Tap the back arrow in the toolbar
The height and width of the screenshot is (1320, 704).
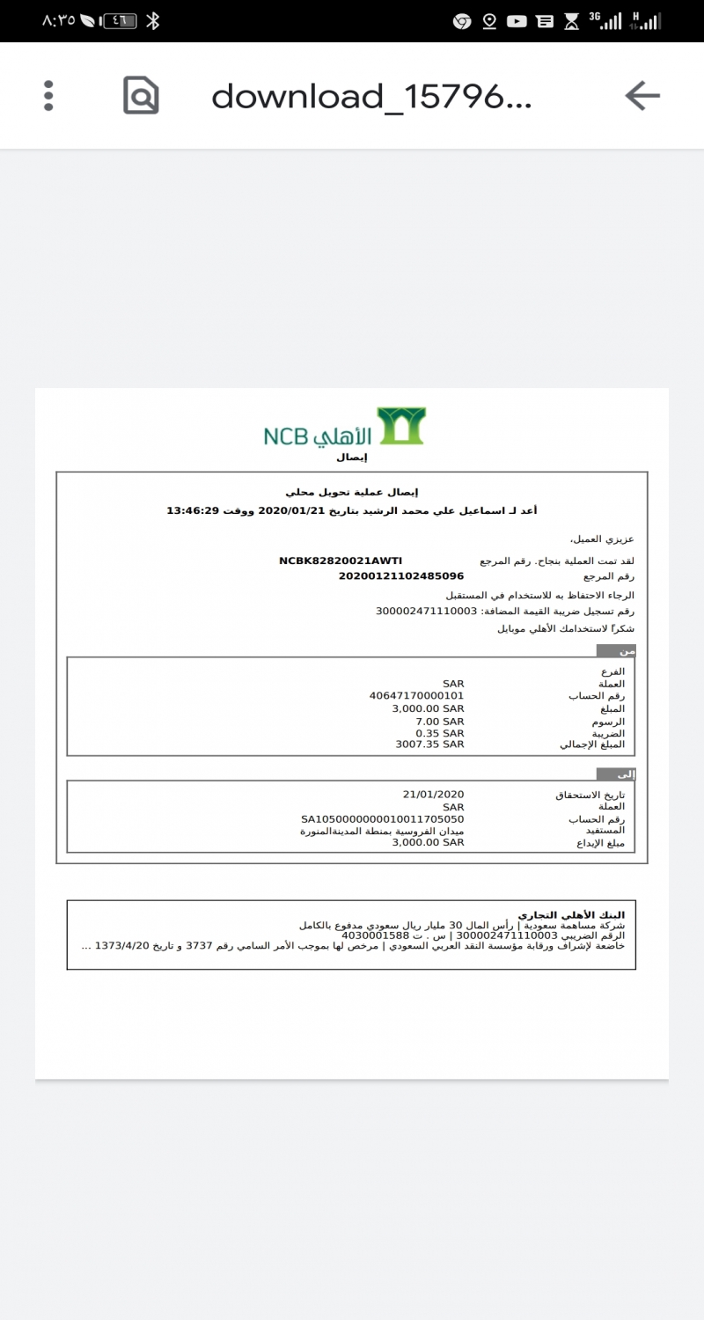pyautogui.click(x=642, y=95)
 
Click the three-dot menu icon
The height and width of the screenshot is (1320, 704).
pyautogui.click(x=48, y=95)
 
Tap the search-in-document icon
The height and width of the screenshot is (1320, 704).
pyautogui.click(x=141, y=95)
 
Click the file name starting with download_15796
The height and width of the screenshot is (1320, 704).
pyautogui.click(x=371, y=96)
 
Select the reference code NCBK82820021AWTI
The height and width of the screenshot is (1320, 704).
pyautogui.click(x=341, y=560)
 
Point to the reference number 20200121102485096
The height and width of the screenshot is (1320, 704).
pyautogui.click(x=400, y=576)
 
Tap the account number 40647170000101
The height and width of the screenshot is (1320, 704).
pyautogui.click(x=416, y=695)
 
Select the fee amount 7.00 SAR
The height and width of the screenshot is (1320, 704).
pyautogui.click(x=440, y=721)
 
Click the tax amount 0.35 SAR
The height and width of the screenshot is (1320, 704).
pyautogui.click(x=440, y=732)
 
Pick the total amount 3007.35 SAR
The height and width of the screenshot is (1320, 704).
pyautogui.click(x=429, y=744)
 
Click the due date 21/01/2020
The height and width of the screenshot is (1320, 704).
pyautogui.click(x=433, y=794)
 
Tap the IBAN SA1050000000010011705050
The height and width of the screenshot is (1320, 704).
pyautogui.click(x=382, y=818)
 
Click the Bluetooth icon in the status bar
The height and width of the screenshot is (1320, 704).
pyautogui.click(x=152, y=21)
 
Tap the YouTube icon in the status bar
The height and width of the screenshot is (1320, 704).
pyautogui.click(x=517, y=21)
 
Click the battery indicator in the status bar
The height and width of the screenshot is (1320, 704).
pyautogui.click(x=120, y=21)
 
